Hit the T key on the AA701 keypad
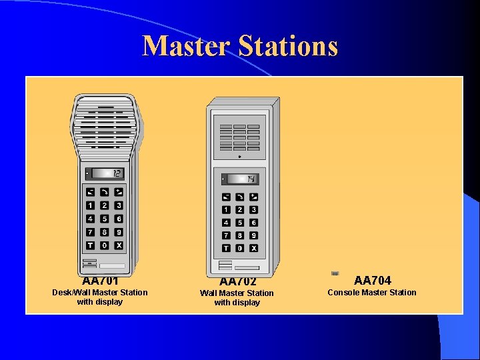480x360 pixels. [91, 245]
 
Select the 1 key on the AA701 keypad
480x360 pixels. [91, 205]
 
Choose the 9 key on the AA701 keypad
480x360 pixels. [119, 232]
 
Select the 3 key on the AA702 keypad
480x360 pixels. [254, 210]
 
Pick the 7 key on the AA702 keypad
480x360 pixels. [226, 235]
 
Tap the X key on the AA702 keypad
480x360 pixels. [254, 248]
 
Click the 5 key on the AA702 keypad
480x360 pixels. [240, 223]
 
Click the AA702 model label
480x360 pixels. [238, 281]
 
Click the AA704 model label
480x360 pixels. [373, 280]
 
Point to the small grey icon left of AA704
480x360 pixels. [335, 273]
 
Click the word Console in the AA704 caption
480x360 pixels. [343, 292]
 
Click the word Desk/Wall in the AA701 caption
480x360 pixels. [71, 292]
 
